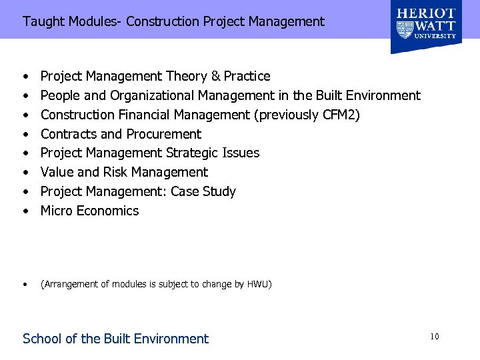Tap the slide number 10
pos(434,337)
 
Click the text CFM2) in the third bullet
pos(341,115)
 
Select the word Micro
pos(56,211)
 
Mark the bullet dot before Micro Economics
pos(25,211)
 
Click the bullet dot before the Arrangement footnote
pos(25,285)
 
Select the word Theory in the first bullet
pos(185,76)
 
